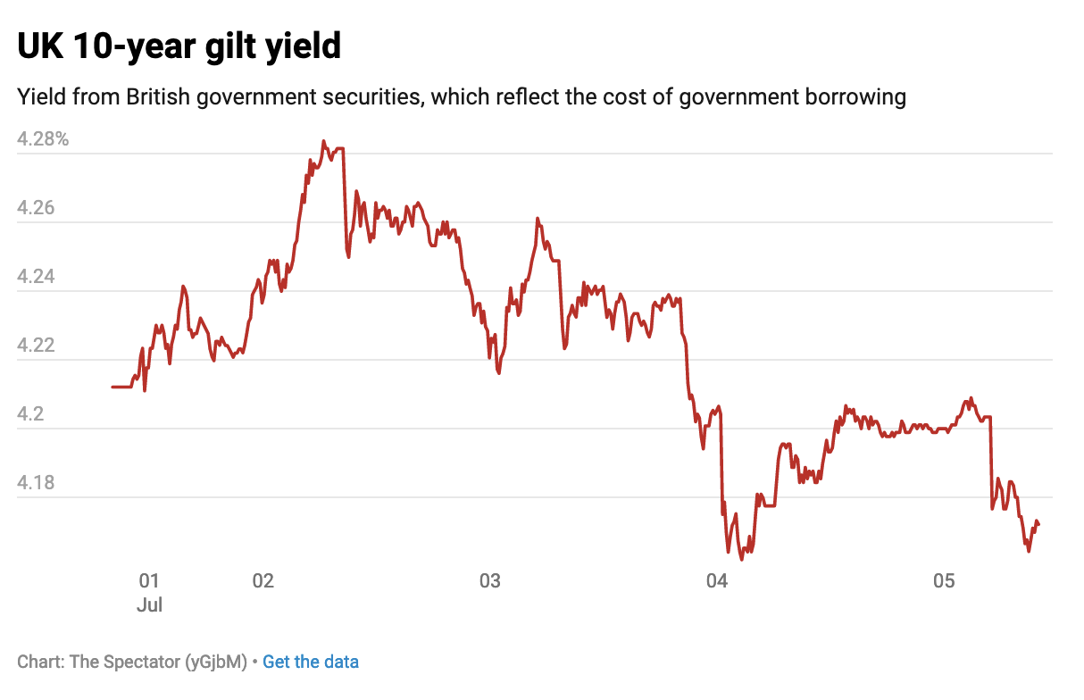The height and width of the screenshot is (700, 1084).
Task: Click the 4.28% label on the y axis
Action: pos(43,139)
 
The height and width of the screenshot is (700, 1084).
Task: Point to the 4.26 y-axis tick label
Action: pos(35,208)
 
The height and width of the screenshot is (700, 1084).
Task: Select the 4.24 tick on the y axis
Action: pos(35,277)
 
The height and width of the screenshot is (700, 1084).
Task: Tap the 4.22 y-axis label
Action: pos(35,346)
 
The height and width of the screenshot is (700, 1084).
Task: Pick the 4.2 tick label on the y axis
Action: pos(30,414)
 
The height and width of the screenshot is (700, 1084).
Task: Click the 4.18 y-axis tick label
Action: pos(35,483)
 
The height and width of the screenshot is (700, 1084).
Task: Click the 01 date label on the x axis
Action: pos(149,581)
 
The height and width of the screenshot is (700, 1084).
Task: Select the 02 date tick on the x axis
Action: pos(263,581)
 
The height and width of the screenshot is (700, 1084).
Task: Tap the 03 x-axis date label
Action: pos(489,581)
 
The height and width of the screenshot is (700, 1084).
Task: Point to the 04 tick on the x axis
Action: pos(717,581)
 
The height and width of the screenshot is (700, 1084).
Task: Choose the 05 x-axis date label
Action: pos(944,581)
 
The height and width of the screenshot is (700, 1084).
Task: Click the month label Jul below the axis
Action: pos(149,604)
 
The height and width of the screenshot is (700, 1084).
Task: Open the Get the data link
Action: pos(311,662)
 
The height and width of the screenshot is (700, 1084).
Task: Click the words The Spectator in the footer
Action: pos(124,662)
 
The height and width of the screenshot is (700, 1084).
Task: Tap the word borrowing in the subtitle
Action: pos(845,96)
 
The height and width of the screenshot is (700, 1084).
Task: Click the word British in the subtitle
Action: pos(157,96)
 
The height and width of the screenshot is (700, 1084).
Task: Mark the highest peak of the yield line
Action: pos(323,141)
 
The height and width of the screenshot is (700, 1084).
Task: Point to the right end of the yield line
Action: pos(1038,524)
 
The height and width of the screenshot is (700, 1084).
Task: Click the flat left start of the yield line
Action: pos(121,387)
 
